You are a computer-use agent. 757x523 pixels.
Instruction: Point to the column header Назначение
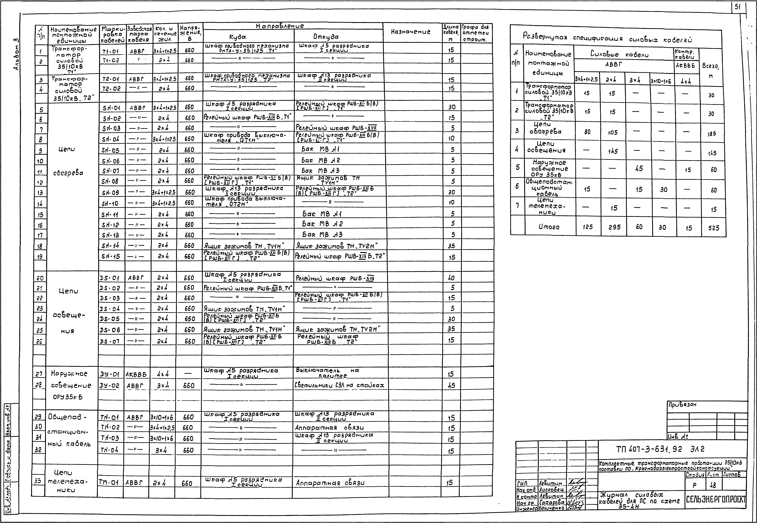point(411,32)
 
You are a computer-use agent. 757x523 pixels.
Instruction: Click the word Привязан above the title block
point(682,405)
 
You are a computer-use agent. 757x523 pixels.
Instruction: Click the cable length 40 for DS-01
point(451,278)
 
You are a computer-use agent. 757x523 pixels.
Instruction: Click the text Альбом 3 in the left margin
point(16,54)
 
